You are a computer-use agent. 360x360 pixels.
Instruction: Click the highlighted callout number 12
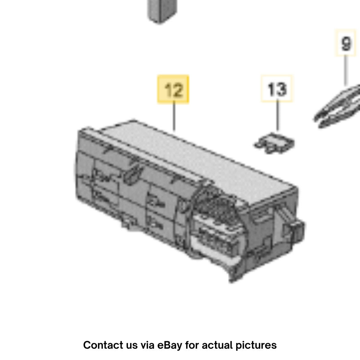(173, 89)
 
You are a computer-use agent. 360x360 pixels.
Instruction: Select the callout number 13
(277, 89)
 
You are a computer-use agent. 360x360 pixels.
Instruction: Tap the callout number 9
(346, 44)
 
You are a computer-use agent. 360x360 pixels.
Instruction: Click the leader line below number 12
(174, 116)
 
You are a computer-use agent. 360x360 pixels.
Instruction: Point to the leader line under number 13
(278, 115)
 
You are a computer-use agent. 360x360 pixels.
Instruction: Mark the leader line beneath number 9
(346, 70)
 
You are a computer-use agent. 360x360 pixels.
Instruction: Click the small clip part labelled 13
(275, 143)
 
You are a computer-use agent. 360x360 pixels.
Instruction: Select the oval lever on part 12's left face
(133, 175)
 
